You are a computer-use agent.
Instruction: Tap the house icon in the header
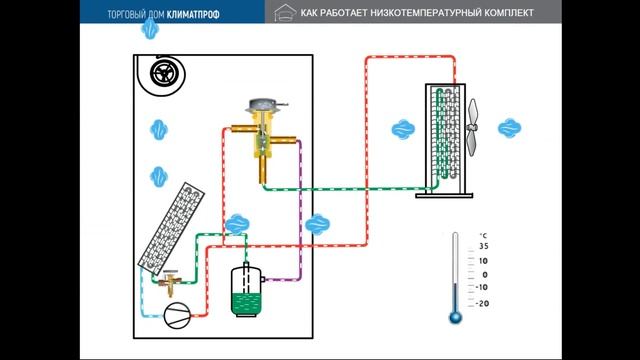click(284, 12)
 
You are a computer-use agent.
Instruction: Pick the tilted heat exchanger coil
click(167, 230)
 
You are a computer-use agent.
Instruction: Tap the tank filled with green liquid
click(244, 292)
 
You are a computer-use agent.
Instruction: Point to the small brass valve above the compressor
click(173, 283)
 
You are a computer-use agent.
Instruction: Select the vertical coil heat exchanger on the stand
click(444, 136)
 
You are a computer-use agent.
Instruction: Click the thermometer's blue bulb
click(455, 317)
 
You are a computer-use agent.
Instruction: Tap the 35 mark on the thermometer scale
click(483, 246)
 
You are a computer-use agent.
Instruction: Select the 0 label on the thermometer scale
click(483, 275)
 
